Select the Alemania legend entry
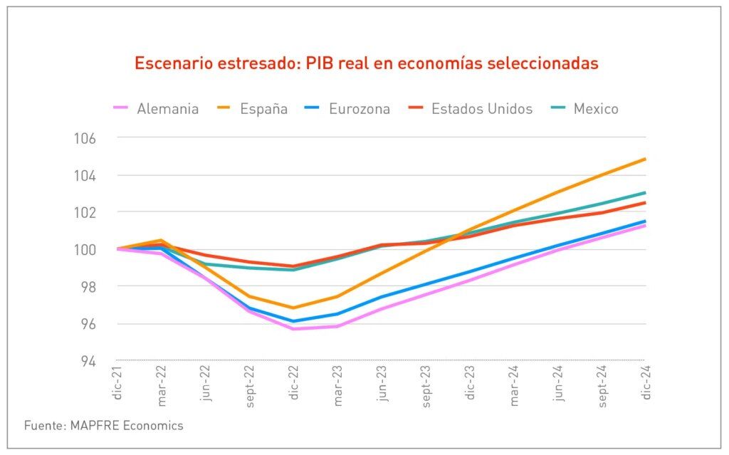click(156, 109)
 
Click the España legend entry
click(253, 109)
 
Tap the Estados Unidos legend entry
click(471, 109)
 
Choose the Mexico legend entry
click(585, 109)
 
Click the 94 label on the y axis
click(88, 360)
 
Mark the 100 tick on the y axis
click(85, 249)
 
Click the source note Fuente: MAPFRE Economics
click(103, 426)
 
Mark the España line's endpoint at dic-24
click(645, 159)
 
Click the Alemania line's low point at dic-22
click(293, 328)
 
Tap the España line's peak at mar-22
click(162, 241)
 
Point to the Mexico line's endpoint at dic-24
click(645, 192)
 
